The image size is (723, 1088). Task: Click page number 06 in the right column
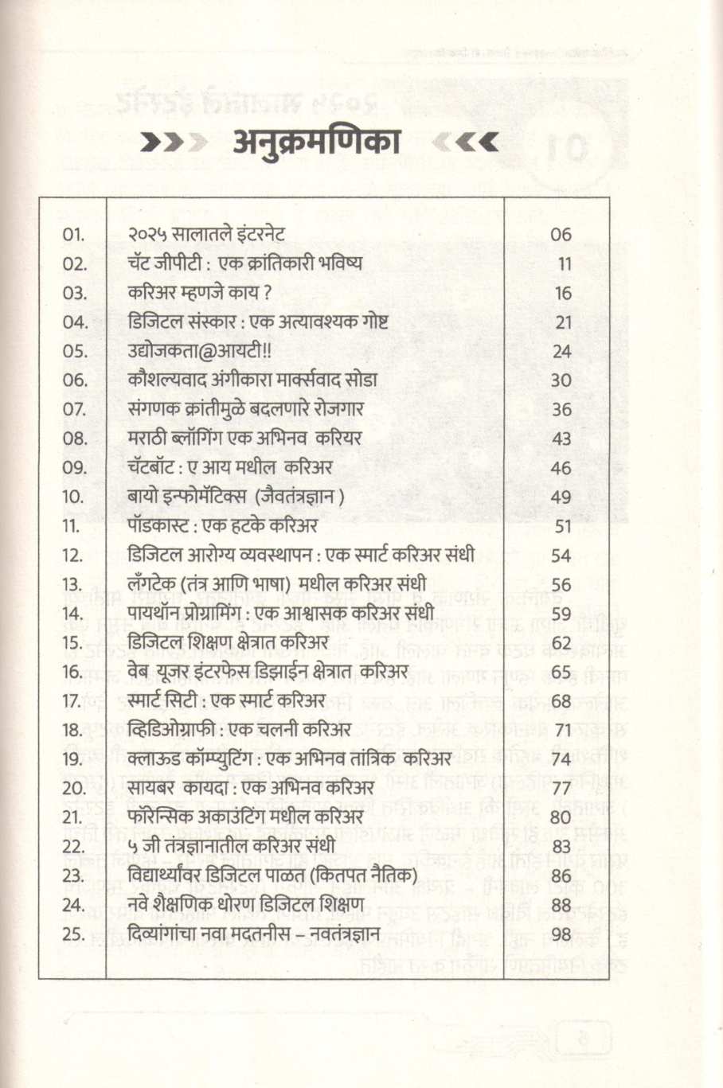561,235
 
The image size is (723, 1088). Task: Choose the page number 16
563,293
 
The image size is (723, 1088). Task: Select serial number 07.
74,409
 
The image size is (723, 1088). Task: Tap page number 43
561,439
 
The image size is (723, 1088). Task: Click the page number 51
563,526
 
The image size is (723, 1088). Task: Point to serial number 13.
73,584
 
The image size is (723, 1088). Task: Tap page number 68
561,701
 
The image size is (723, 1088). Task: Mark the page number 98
561,934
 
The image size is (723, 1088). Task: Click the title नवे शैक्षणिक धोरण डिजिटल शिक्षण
246,905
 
